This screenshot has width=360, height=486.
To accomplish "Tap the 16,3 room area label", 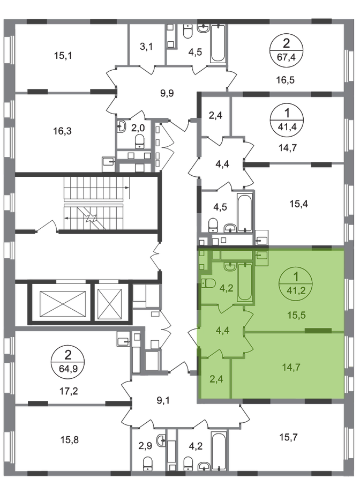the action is click(62, 131).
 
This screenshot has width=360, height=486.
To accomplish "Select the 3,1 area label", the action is click(146, 47).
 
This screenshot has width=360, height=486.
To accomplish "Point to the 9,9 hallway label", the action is click(167, 93).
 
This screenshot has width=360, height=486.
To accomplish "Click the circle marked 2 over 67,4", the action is click(286, 49).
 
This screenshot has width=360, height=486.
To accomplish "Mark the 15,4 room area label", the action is click(299, 204).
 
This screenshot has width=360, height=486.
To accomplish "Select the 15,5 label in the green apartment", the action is click(296, 315).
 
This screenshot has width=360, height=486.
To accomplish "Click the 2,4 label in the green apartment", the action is click(216, 379).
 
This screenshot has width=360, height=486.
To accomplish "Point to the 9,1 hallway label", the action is click(163, 401).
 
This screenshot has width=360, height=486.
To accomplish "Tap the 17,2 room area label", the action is click(69, 391).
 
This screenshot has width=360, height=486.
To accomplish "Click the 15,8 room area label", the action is click(69, 439).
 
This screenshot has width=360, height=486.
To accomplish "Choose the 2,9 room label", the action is click(145, 446).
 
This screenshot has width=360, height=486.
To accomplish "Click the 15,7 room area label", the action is click(288, 437).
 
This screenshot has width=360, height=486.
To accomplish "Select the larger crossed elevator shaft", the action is click(63, 304).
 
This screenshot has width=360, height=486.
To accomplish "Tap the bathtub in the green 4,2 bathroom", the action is click(245, 282).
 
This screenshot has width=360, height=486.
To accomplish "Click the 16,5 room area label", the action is click(286, 80).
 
